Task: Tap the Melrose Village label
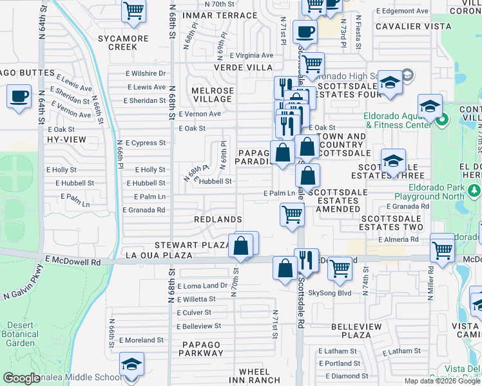pyautogui.click(x=212, y=95)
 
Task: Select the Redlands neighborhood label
pyautogui.click(x=218, y=219)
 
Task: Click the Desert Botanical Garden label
pyautogui.click(x=20, y=334)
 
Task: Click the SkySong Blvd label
pyautogui.click(x=329, y=293)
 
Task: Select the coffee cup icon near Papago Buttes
pyautogui.click(x=19, y=97)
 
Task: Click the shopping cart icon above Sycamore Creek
pyautogui.click(x=133, y=10)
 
